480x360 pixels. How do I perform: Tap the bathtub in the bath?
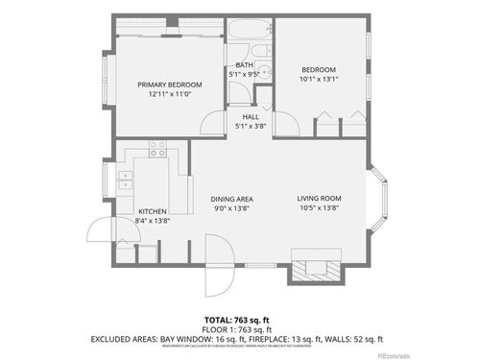click(x=251, y=29)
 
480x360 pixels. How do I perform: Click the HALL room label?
click(x=251, y=117)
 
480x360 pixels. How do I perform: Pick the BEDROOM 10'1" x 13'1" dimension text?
click(x=319, y=80)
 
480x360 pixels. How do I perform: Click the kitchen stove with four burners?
click(x=157, y=150)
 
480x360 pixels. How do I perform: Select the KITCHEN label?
click(x=153, y=211)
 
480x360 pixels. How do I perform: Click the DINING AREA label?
click(x=230, y=199)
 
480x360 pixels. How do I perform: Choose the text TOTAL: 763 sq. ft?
click(x=236, y=321)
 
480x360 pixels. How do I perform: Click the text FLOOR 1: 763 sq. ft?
click(x=236, y=329)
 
